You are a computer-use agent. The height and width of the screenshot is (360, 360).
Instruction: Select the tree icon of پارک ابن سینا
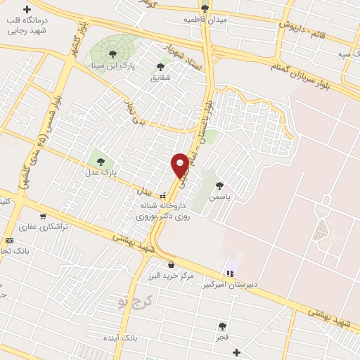tap(112, 54)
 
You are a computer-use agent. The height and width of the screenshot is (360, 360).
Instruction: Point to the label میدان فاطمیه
tap(205, 20)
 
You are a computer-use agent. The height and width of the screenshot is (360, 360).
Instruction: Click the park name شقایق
tap(161, 77)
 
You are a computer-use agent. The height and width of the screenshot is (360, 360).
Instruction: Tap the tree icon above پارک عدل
tap(101, 162)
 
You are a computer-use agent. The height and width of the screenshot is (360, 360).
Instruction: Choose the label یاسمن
tap(224, 198)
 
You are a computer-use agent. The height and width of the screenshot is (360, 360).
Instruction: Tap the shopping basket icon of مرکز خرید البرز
tap(171, 265)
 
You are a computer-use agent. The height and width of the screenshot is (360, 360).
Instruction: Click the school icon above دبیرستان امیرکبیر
tap(229, 274)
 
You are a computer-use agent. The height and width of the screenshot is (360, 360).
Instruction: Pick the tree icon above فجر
tap(222, 326)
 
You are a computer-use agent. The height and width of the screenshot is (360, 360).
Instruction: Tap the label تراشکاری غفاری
tap(44, 226)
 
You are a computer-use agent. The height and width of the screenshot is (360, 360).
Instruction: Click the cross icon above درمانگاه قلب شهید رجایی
tap(27, 10)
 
